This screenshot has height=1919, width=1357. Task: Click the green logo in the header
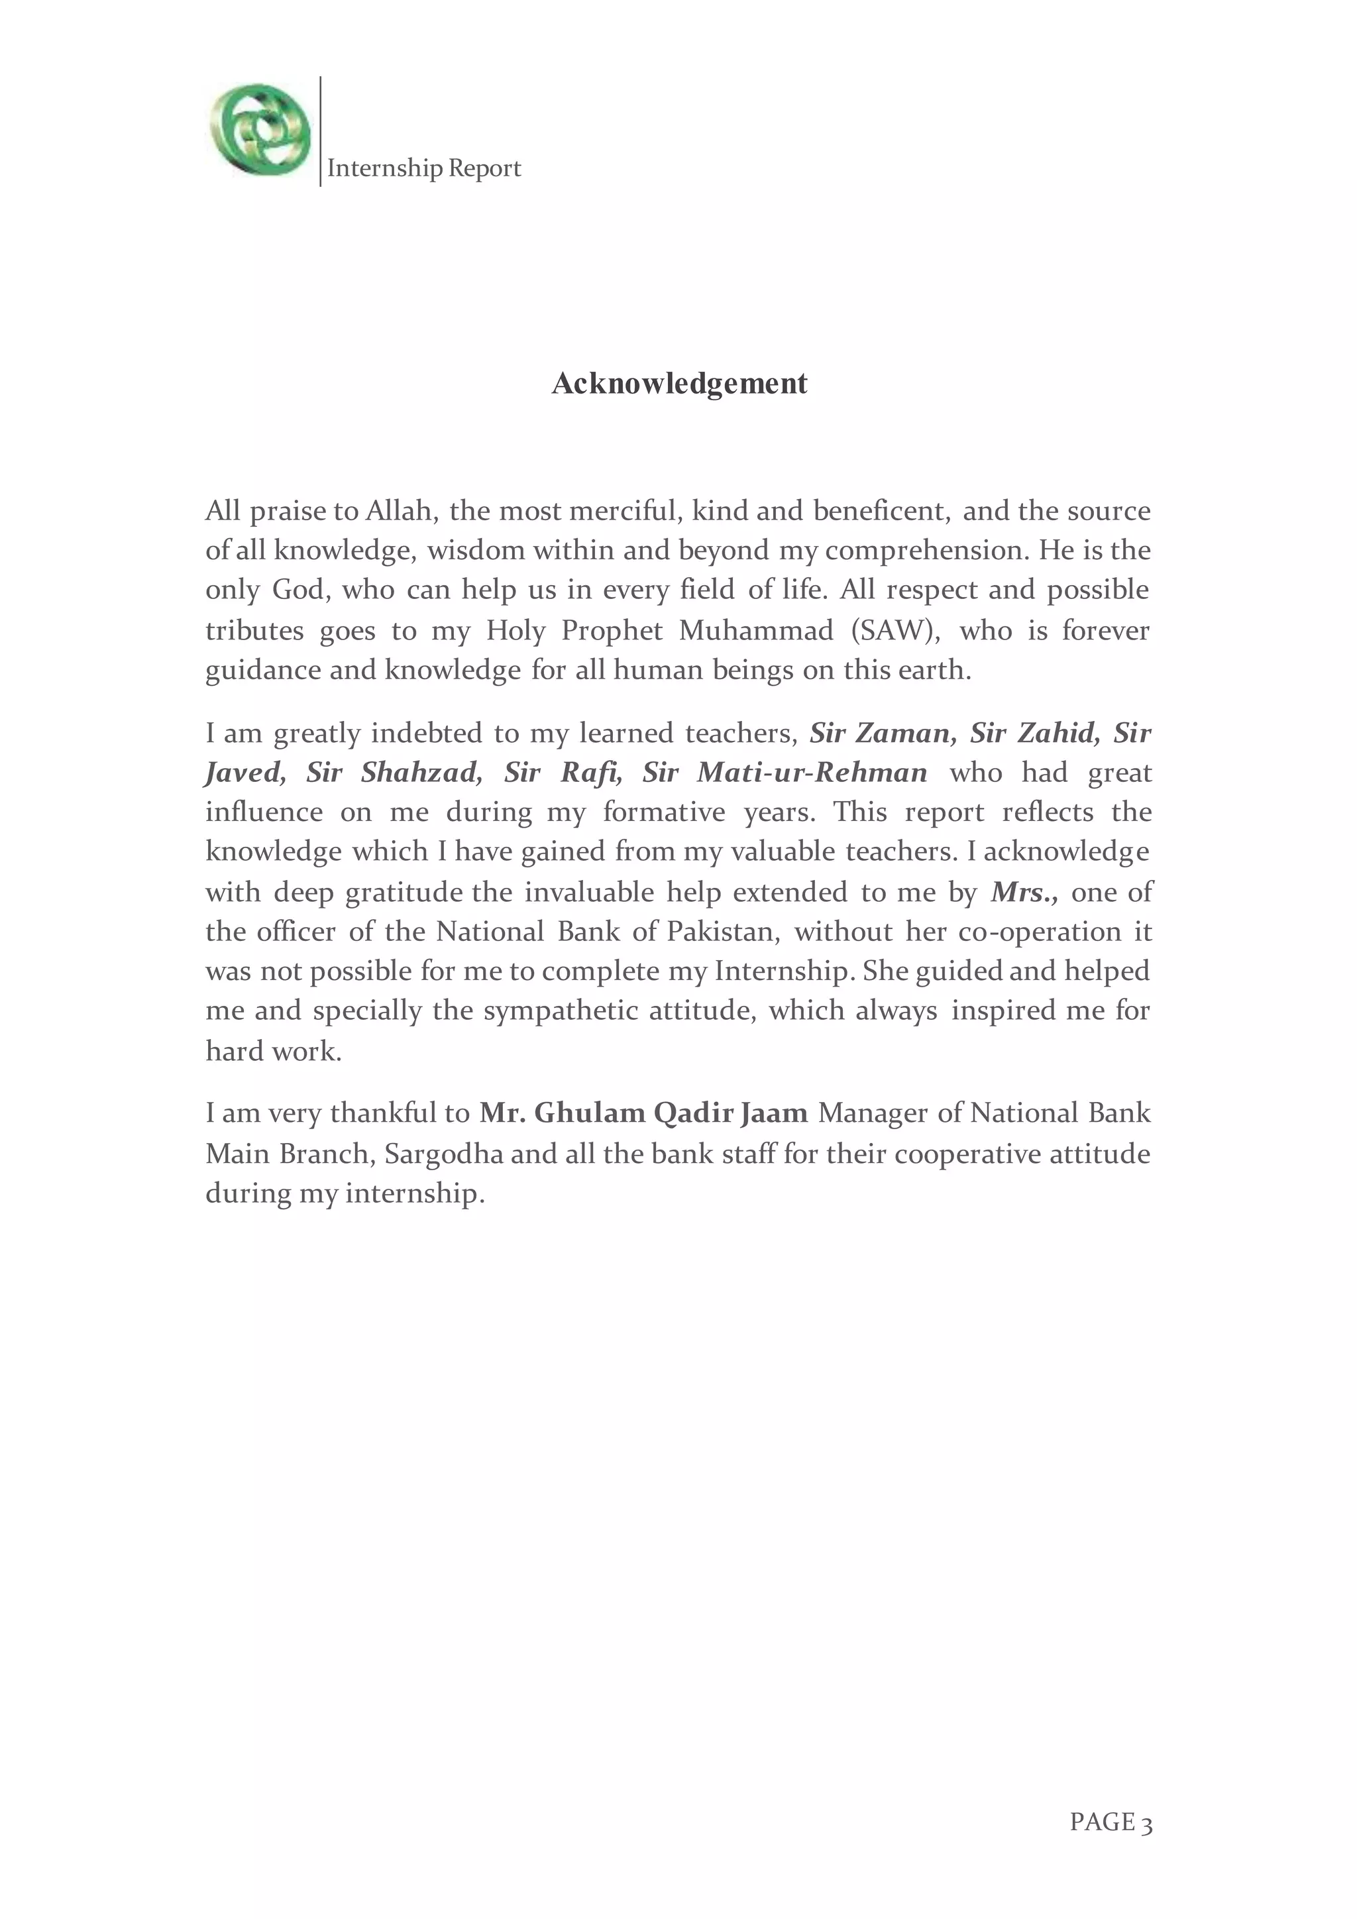click(260, 131)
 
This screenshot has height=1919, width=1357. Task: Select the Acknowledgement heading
click(678, 384)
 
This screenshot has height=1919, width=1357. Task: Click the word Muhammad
click(755, 630)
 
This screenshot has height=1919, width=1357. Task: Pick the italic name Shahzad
click(422, 772)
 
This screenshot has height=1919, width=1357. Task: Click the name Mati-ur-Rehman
click(812, 772)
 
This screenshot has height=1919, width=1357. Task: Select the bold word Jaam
click(774, 1113)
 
